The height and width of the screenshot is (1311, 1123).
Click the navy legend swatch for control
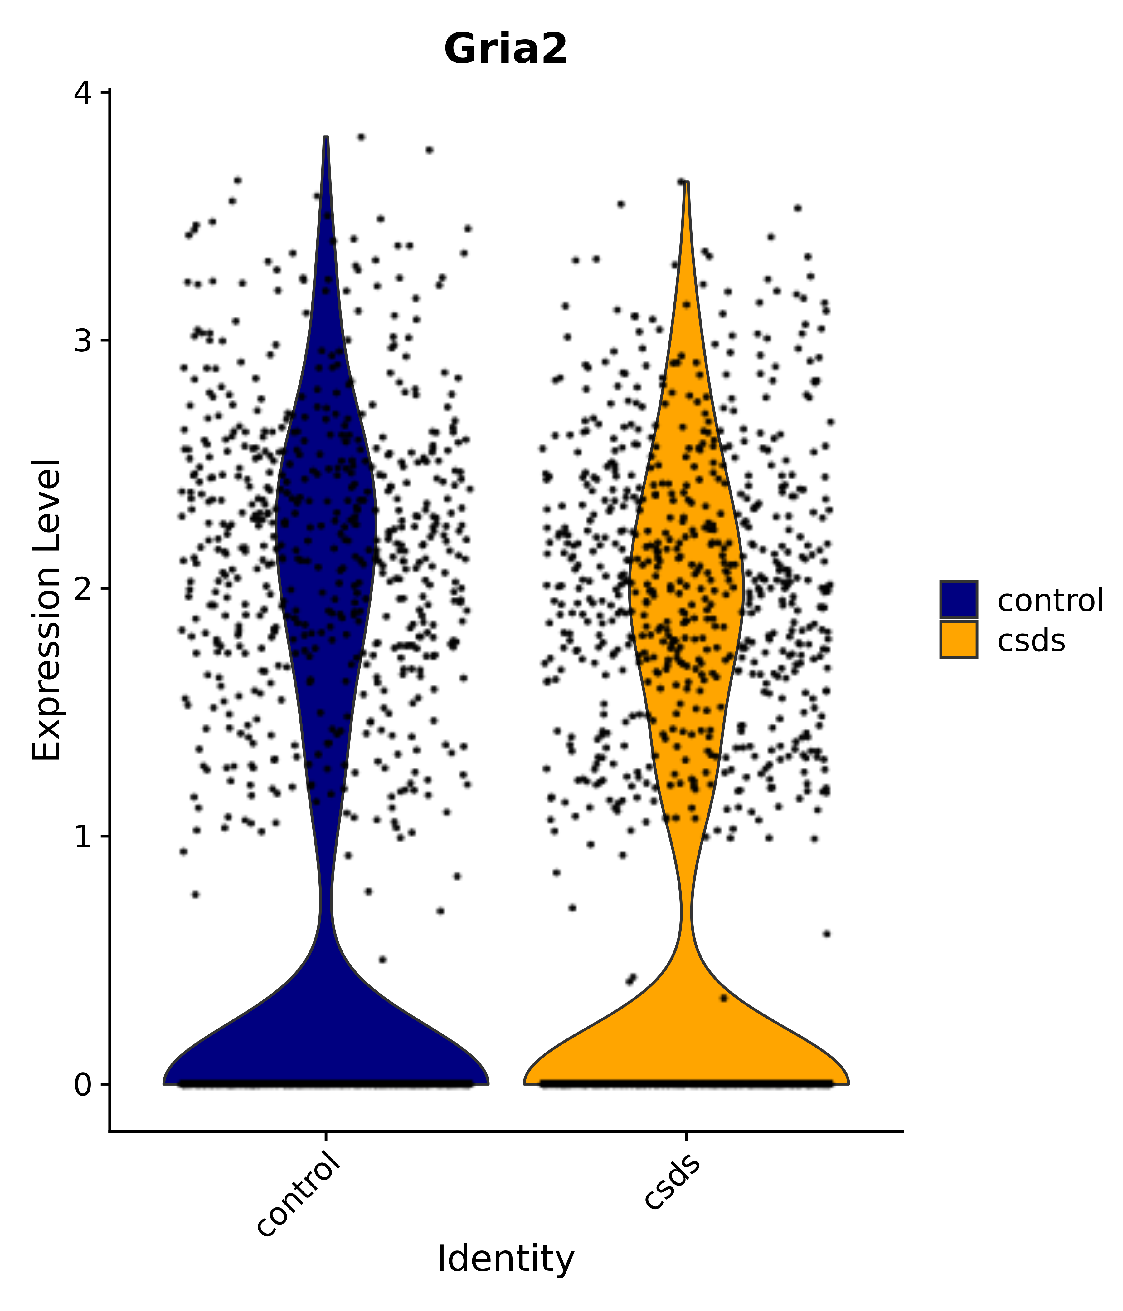[x=958, y=599]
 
